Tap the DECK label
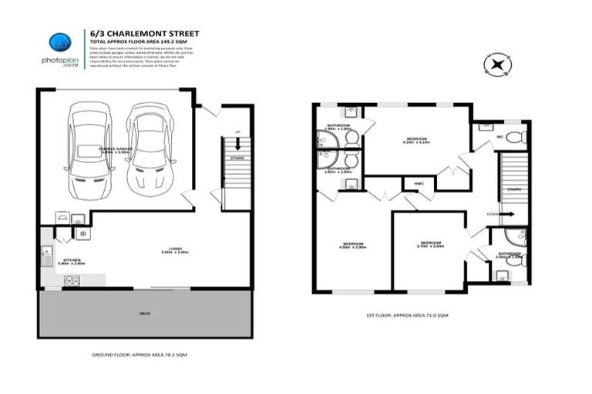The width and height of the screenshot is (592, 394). click(x=145, y=313)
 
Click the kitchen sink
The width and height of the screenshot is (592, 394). click(x=48, y=255)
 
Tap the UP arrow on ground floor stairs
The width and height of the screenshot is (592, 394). click(x=237, y=143)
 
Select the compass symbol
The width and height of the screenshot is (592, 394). click(x=496, y=64)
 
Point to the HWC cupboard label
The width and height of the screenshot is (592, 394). click(x=419, y=184)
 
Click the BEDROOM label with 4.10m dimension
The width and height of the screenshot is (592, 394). click(x=417, y=140)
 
